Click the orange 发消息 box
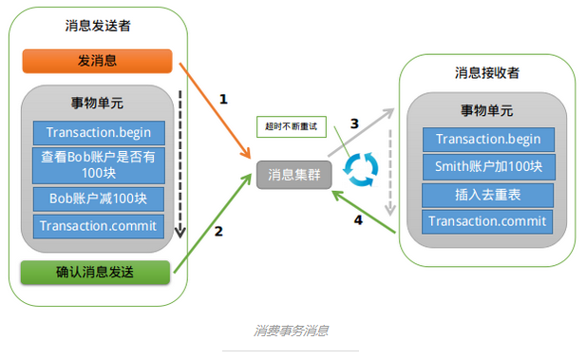pyautogui.click(x=97, y=61)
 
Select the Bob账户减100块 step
pyautogui.click(x=99, y=199)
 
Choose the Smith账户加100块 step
pyautogui.click(x=488, y=166)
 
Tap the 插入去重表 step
pyautogui.click(x=488, y=194)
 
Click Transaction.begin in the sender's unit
pyautogui.click(x=99, y=131)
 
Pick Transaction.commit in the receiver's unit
pyautogui.click(x=488, y=221)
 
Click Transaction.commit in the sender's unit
pyautogui.click(x=99, y=226)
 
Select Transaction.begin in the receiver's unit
pyautogui.click(x=488, y=139)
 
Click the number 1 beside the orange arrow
pyautogui.click(x=224, y=98)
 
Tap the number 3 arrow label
pyautogui.click(x=354, y=123)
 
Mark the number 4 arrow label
pyautogui.click(x=358, y=220)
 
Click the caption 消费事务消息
pyautogui.click(x=292, y=332)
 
